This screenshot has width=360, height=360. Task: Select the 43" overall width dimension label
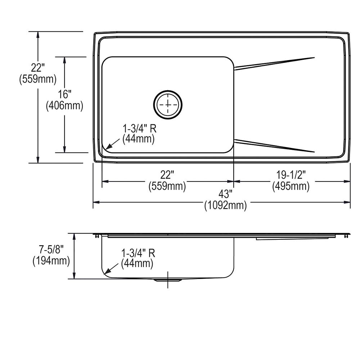pyautogui.click(x=225, y=194)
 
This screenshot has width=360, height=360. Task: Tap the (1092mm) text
pyautogui.click(x=225, y=206)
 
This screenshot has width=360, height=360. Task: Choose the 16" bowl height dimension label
pyautogui.click(x=65, y=94)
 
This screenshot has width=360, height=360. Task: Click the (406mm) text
pyautogui.click(x=65, y=105)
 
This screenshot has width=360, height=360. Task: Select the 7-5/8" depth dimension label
pyautogui.click(x=51, y=249)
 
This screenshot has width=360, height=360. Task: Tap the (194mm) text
pyautogui.click(x=51, y=261)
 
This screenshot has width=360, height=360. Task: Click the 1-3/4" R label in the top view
pyautogui.click(x=139, y=128)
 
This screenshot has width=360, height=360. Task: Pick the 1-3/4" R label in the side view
pyautogui.click(x=138, y=253)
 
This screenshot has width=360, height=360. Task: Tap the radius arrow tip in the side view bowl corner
pyautogui.click(x=105, y=274)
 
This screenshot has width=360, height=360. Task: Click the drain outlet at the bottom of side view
pyautogui.click(x=168, y=280)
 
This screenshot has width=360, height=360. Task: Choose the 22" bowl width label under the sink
pyautogui.click(x=167, y=175)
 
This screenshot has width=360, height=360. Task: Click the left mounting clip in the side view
pyautogui.click(x=97, y=236)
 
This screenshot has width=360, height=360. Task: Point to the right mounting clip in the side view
pyautogui.click(x=346, y=236)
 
